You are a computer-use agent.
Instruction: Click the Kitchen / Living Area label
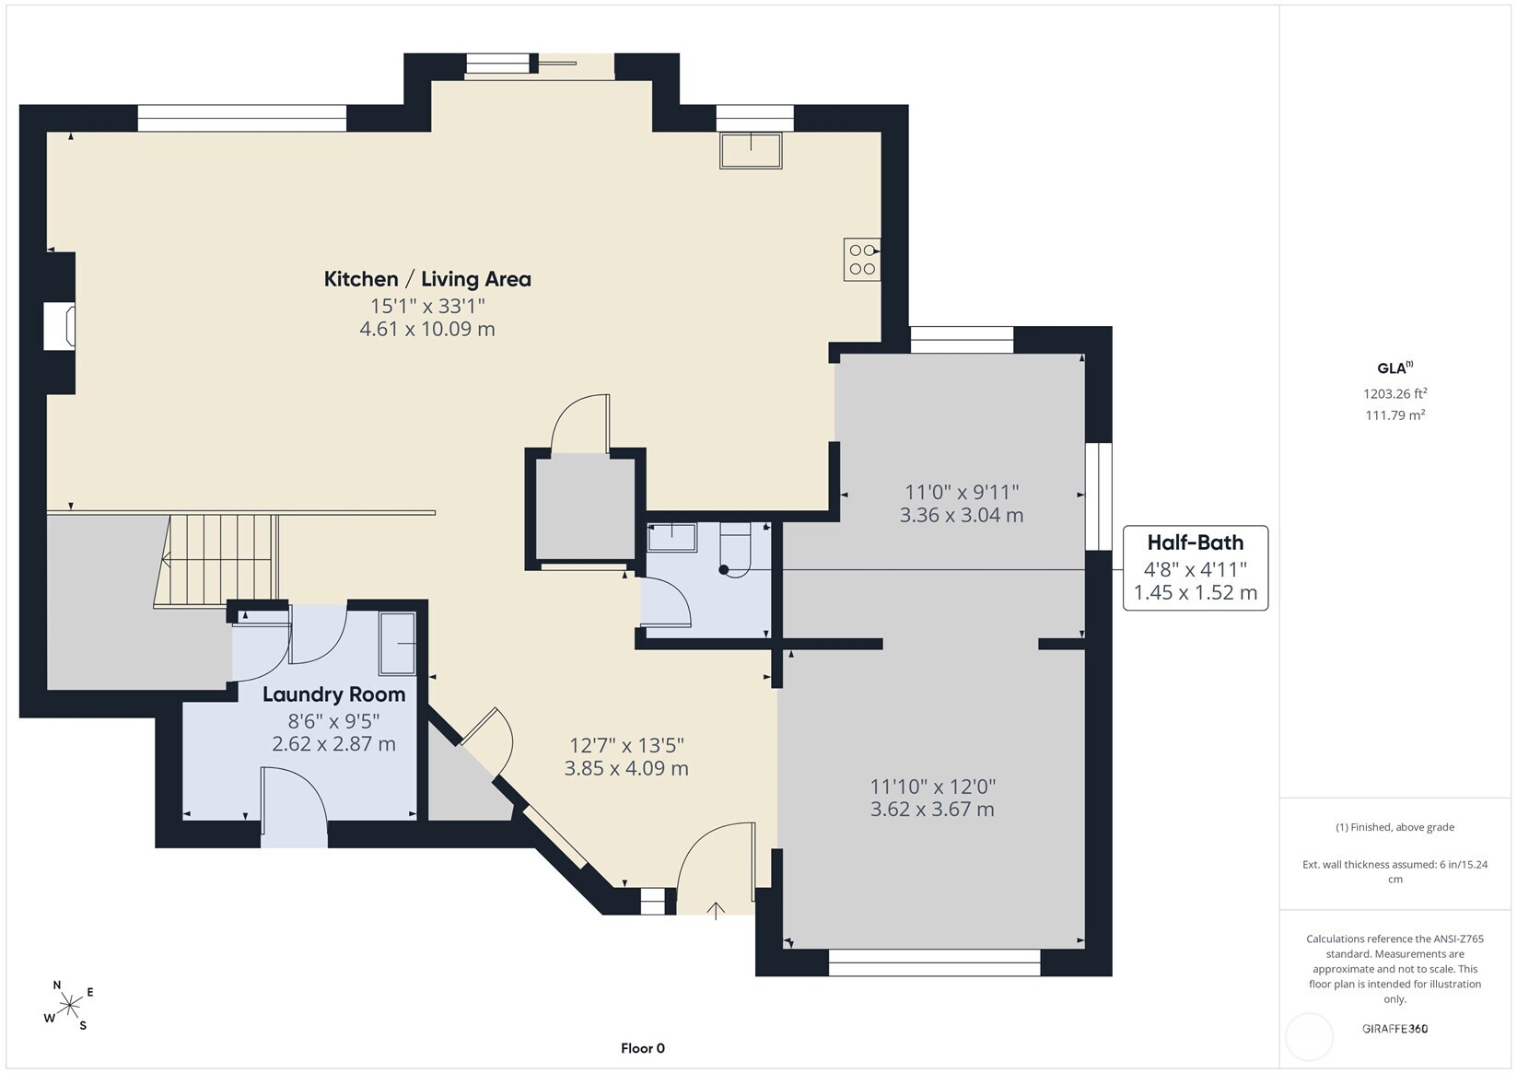coord(427,279)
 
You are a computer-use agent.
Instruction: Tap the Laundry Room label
coord(333,694)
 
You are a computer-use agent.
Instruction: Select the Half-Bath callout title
coord(1196,542)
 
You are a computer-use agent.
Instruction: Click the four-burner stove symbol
coord(862,260)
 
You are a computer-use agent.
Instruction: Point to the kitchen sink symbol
coord(751,150)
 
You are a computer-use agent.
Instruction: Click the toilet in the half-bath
coord(736,549)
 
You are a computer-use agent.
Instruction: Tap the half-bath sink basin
coord(671,537)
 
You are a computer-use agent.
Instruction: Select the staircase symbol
coord(216,560)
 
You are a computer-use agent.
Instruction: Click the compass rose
coord(70,1005)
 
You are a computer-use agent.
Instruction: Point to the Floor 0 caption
coord(643,1048)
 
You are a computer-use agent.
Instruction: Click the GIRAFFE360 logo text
coord(1395,1028)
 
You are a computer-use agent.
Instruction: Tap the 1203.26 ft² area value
coord(1395,393)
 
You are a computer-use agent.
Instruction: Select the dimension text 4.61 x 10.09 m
coord(427,329)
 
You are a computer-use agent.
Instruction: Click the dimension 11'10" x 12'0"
coord(932,787)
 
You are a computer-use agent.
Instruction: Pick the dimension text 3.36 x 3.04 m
coord(961,515)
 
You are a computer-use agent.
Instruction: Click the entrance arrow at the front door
coord(716,910)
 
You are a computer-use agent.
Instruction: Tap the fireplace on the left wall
coord(60,327)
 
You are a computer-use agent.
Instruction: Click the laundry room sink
coord(398,644)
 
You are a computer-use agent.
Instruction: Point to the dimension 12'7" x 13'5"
coord(626,745)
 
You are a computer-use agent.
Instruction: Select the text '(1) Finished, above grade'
coord(1395,827)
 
